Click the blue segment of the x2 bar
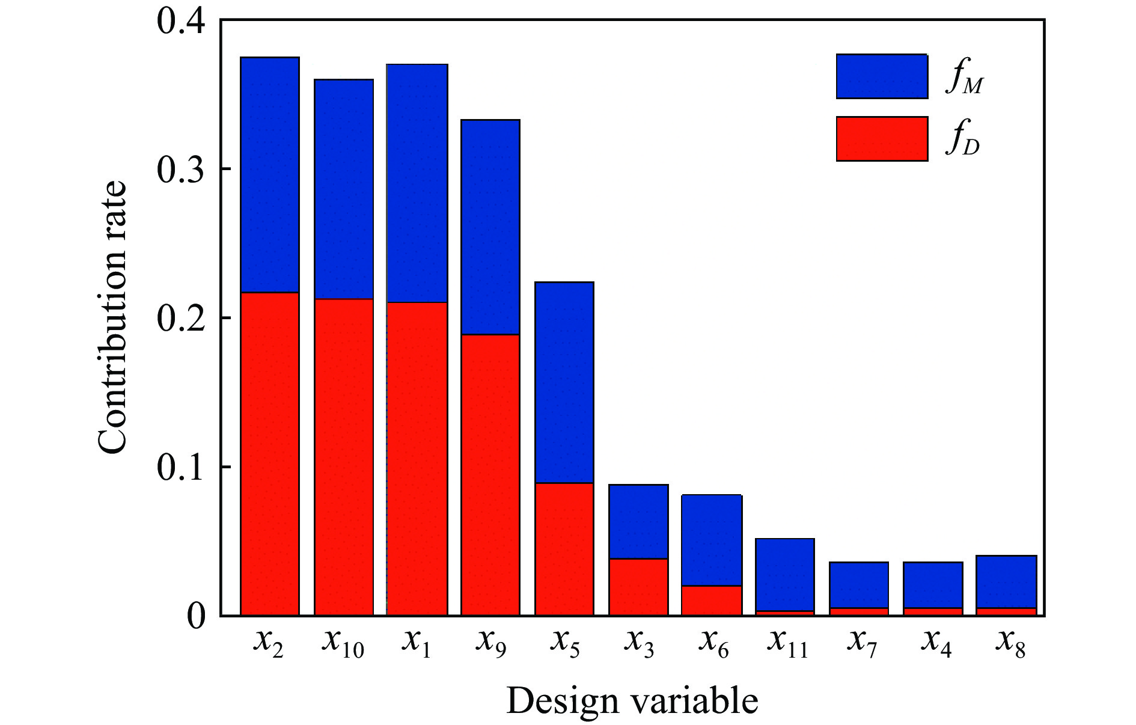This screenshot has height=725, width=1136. tap(270, 174)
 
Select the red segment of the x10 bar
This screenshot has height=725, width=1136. tap(344, 457)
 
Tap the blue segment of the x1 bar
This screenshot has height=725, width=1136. tap(417, 183)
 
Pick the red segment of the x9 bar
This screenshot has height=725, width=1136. tap(490, 475)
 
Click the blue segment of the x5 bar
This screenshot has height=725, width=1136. tap(564, 382)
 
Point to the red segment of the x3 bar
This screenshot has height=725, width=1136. tap(638, 587)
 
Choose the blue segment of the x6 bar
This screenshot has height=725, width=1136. tap(712, 540)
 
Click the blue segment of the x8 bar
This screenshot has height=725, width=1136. tap(1006, 581)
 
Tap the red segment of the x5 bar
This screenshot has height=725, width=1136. tap(564, 549)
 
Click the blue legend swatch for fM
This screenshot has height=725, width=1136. tap(882, 76)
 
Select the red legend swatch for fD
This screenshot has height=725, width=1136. tap(882, 139)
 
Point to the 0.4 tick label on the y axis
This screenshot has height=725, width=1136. tap(180, 21)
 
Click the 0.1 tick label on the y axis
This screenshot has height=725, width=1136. tap(180, 467)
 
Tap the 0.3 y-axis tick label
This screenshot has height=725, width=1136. tap(180, 170)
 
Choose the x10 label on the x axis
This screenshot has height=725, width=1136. tap(343, 643)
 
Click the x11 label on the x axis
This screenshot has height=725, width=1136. tap(787, 643)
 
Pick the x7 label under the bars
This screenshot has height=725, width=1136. tap(862, 643)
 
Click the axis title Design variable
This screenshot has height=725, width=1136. tap(632, 701)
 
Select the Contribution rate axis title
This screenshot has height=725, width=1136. tap(112, 317)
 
